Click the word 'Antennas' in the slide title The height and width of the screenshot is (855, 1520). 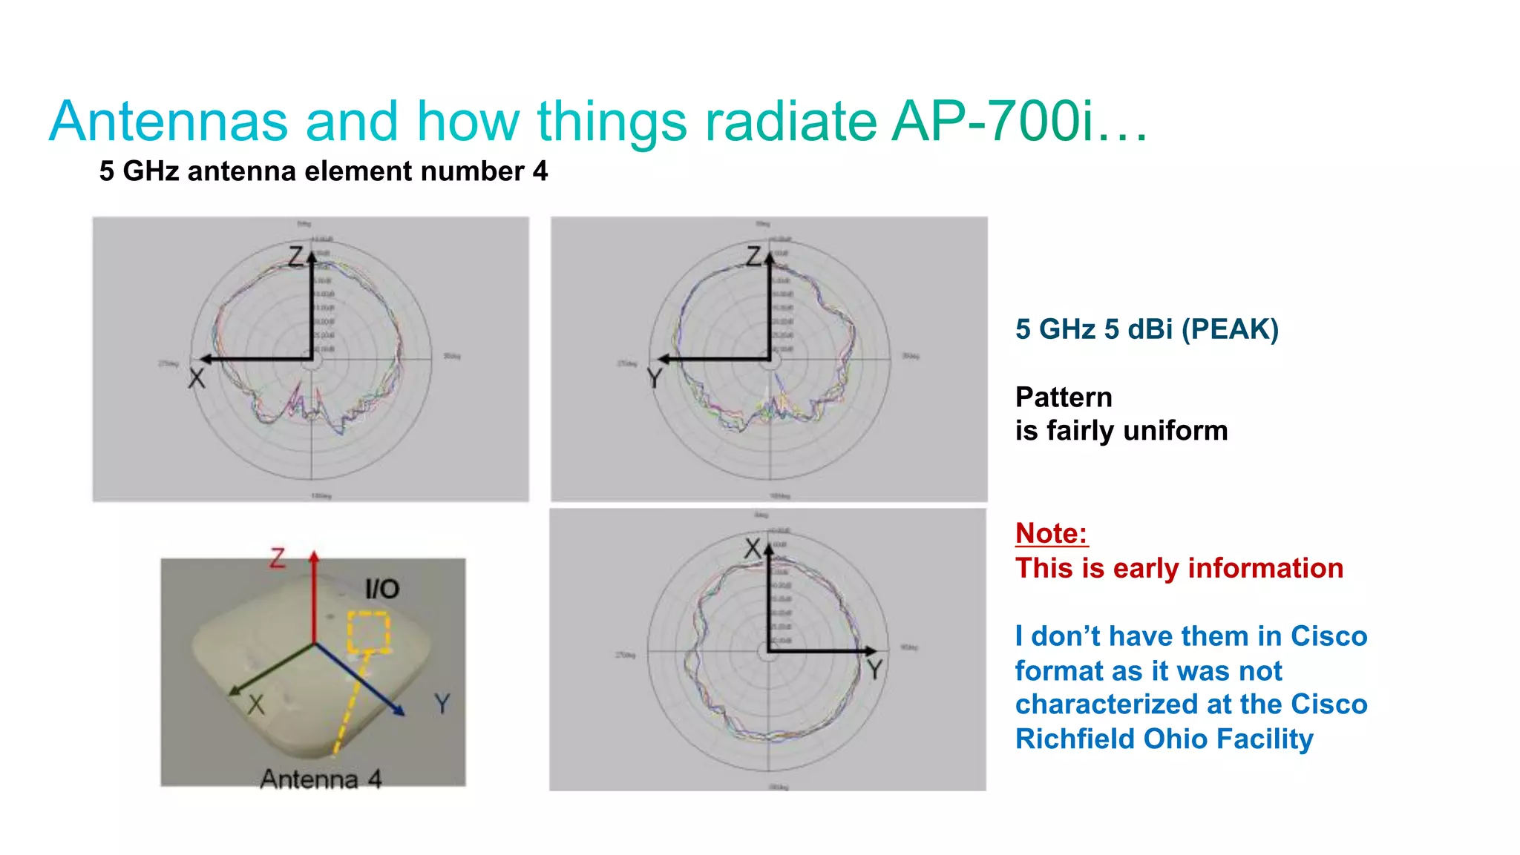tap(168, 122)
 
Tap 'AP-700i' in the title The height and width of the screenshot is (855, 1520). tap(993, 122)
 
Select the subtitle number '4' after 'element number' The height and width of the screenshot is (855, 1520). tap(540, 171)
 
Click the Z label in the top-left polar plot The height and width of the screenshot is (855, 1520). tap(296, 257)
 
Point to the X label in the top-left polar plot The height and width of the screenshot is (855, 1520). tap(196, 379)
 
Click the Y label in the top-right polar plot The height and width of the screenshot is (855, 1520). tap(654, 379)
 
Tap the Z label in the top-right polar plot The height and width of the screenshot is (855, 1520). tap(754, 257)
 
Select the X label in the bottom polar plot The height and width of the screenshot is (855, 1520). tap(753, 549)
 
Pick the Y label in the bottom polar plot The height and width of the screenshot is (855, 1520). tap(875, 670)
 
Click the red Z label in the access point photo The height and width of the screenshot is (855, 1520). tap(278, 558)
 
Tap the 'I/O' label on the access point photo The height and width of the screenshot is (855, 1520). tap(382, 590)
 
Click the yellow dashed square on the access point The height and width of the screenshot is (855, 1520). tap(369, 633)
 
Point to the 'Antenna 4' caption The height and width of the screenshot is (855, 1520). tap(321, 779)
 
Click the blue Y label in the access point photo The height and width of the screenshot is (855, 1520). tap(442, 703)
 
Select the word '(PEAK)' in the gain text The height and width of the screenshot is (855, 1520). tap(1230, 329)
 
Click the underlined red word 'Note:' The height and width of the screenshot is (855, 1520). tap(1051, 533)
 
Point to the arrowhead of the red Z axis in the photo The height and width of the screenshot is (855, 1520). tap(315, 555)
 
